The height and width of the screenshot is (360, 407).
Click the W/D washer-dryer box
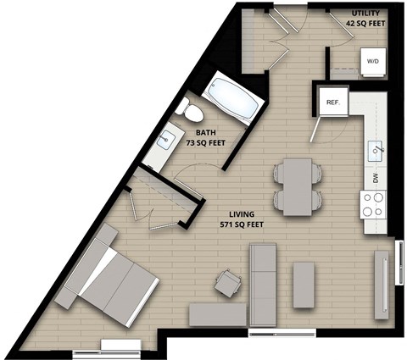click(371, 62)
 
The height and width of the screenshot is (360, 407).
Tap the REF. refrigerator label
click(333, 102)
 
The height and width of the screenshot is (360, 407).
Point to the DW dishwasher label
click(376, 179)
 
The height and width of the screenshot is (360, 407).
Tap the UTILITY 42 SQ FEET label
click(365, 19)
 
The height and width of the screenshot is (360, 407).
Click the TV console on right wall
click(382, 285)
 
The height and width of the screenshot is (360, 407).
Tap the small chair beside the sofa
click(227, 283)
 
